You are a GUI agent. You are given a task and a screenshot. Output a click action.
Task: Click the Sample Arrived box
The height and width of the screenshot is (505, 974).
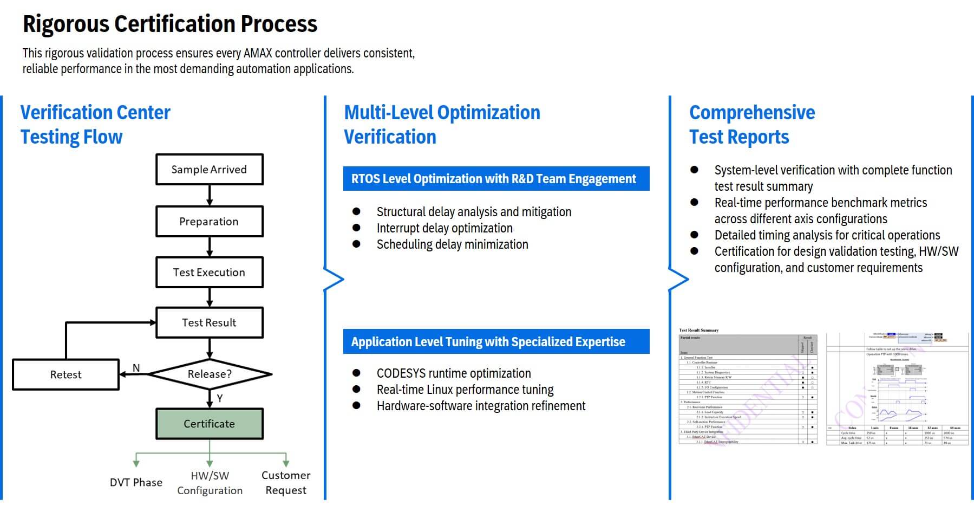(209, 170)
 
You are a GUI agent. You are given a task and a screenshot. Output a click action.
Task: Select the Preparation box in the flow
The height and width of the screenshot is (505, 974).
(209, 221)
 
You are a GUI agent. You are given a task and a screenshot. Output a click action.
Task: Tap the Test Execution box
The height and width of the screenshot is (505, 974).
(209, 272)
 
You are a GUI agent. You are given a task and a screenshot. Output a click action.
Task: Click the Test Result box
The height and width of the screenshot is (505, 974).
(209, 322)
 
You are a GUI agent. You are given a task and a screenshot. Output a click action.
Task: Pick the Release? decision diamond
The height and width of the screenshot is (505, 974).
(210, 374)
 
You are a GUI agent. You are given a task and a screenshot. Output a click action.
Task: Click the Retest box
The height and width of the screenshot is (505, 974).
(66, 374)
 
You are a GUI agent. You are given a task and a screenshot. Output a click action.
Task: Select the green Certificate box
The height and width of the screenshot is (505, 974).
(209, 424)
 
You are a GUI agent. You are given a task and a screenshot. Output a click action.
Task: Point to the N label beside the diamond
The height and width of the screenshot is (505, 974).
(136, 368)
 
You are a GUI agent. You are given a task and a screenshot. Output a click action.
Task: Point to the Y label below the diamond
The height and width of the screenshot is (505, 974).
(220, 398)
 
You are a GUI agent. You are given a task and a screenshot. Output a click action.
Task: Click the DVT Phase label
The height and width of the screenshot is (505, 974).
(136, 482)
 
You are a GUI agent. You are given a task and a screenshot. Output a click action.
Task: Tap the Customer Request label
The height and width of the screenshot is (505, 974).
(286, 482)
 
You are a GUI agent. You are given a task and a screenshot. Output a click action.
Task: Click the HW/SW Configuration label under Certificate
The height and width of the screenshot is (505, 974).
(210, 483)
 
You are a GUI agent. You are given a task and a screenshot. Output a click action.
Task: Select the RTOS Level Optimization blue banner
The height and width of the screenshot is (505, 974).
(495, 179)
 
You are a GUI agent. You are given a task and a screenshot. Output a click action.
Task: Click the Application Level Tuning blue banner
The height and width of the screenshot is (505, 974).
(495, 342)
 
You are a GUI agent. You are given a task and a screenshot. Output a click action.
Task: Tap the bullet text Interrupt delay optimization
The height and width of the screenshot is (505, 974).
(444, 228)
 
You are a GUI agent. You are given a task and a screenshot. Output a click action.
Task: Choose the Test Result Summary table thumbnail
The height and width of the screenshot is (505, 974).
(748, 387)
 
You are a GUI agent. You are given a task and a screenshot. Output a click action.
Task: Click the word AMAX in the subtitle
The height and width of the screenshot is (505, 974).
(258, 53)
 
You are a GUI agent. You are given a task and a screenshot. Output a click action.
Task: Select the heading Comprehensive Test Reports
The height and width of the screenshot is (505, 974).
(751, 125)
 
